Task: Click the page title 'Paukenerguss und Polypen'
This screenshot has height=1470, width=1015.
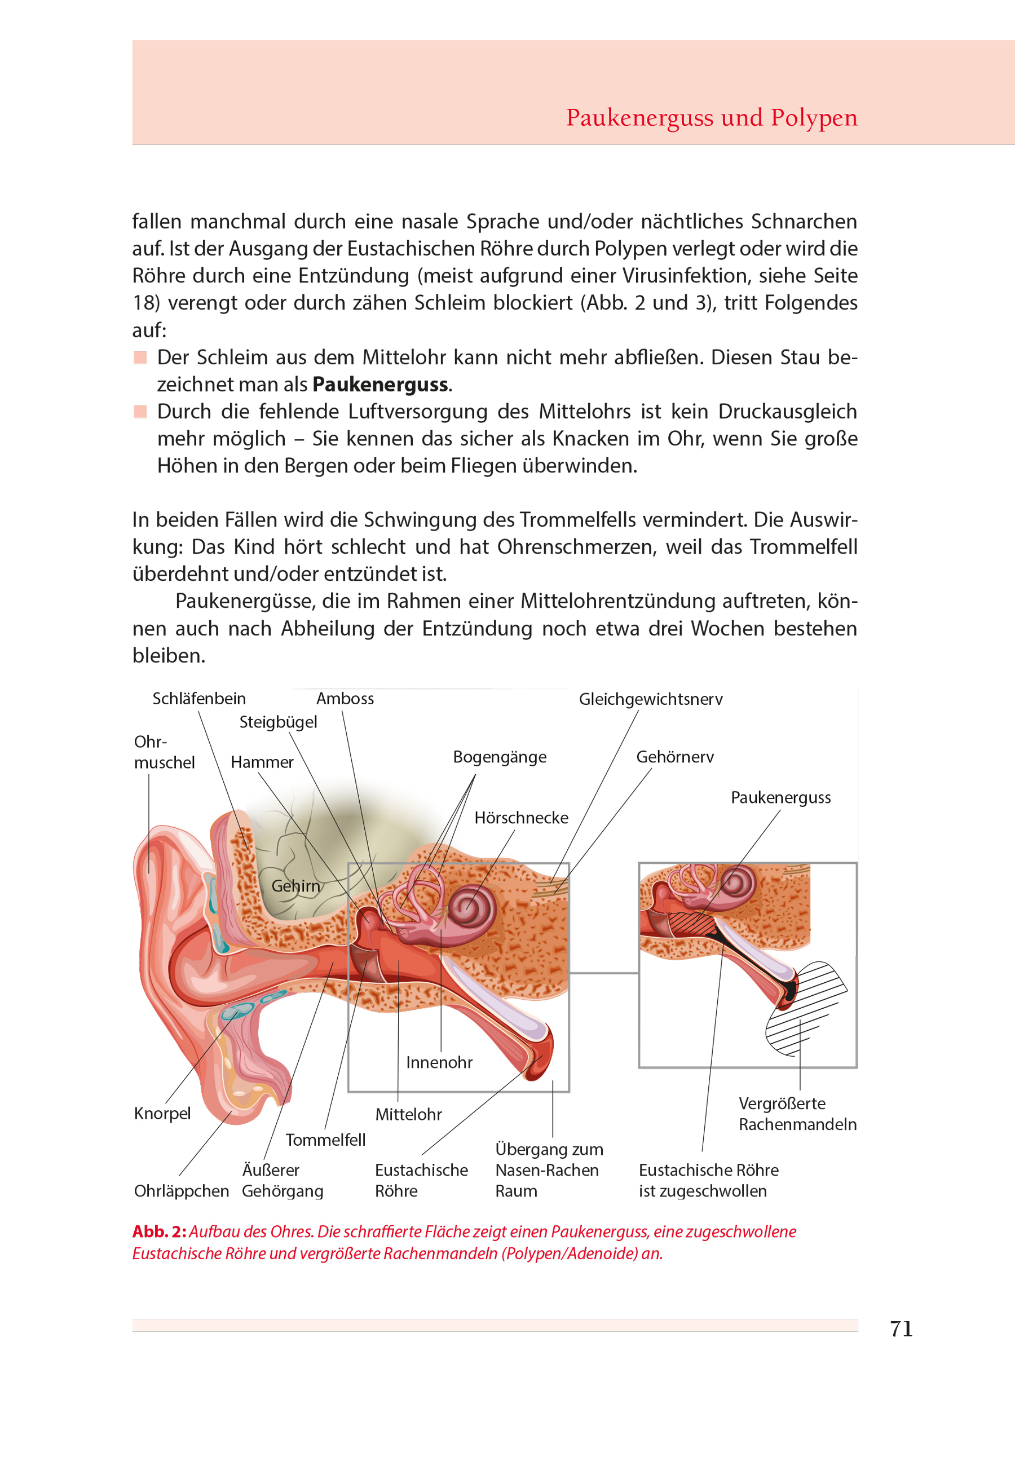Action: pyautogui.click(x=711, y=118)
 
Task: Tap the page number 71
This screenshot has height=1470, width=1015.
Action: pyautogui.click(x=901, y=1328)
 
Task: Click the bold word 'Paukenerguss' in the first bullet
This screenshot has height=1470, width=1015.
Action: pyautogui.click(x=380, y=385)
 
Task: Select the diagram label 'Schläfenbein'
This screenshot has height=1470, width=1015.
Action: pyautogui.click(x=199, y=699)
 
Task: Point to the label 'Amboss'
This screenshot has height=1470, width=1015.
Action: pyautogui.click(x=345, y=699)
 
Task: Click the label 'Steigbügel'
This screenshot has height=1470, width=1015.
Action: pyautogui.click(x=278, y=722)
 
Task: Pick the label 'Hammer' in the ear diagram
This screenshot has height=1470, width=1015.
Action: pyautogui.click(x=262, y=762)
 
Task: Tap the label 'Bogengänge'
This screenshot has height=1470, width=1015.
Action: pyautogui.click(x=499, y=757)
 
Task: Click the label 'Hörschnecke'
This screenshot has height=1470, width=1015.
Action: pyautogui.click(x=521, y=818)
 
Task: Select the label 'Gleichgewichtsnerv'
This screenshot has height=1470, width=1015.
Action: pyautogui.click(x=650, y=699)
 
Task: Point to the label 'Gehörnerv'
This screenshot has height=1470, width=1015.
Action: pyautogui.click(x=675, y=757)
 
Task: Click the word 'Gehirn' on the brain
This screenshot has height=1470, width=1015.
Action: pyautogui.click(x=295, y=886)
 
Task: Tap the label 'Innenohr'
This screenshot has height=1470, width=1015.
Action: pyautogui.click(x=439, y=1062)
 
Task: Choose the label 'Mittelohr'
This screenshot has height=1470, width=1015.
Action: pyautogui.click(x=408, y=1115)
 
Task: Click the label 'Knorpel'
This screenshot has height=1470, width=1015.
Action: pyautogui.click(x=162, y=1113)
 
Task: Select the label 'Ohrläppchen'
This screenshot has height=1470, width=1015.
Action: pyautogui.click(x=181, y=1191)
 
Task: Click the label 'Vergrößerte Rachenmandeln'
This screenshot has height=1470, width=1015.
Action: pyautogui.click(x=797, y=1114)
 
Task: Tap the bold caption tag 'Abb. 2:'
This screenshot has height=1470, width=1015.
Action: pyautogui.click(x=159, y=1231)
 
